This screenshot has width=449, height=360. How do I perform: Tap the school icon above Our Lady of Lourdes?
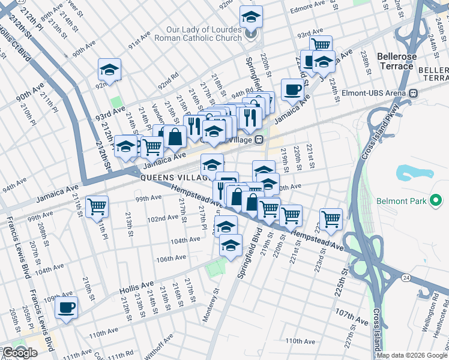pos(252,17)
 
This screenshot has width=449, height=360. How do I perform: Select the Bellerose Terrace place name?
pos(396,61)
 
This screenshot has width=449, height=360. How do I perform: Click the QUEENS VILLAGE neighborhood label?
pos(174,178)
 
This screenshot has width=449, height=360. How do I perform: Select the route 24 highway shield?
pos(406,278)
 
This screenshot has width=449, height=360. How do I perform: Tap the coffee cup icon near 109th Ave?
pos(67,308)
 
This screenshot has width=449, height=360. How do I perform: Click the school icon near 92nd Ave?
pos(110,70)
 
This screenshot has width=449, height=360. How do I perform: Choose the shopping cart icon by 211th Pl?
pos(97,207)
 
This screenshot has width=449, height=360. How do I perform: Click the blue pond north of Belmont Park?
pos(414,173)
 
